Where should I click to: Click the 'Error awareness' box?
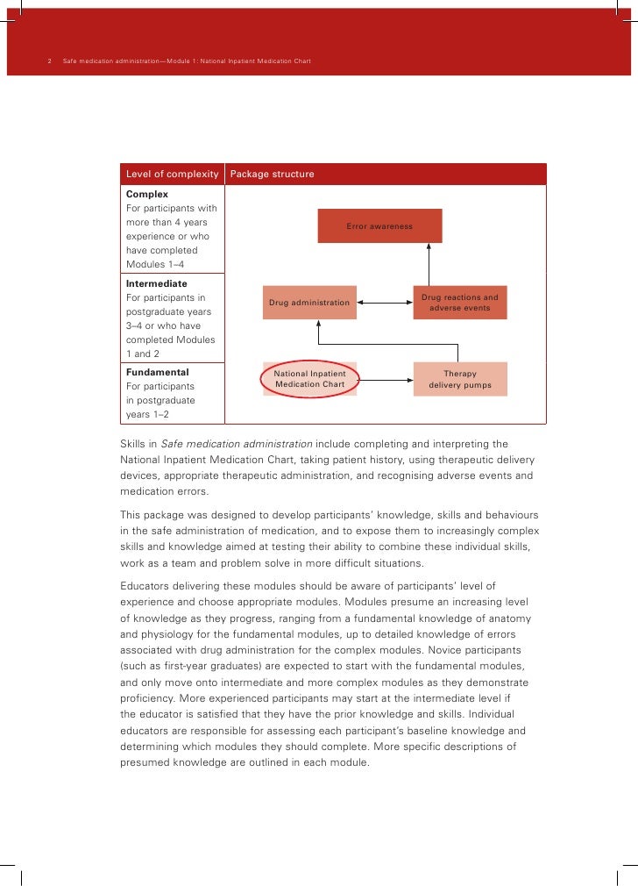point(379,225)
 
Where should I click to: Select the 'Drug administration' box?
point(309,303)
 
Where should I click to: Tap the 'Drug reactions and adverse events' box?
point(459,303)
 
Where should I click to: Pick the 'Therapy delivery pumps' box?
point(459,379)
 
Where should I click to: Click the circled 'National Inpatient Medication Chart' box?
point(309,379)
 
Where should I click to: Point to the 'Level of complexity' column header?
point(173,174)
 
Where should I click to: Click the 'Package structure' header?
point(272,174)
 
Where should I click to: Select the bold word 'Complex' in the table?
point(147,194)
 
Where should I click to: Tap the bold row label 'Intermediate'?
point(157,284)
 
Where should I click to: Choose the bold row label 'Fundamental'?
point(158,372)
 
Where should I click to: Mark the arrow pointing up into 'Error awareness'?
point(429,262)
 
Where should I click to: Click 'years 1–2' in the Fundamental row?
point(148,414)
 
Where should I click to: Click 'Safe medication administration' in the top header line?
point(110,61)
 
